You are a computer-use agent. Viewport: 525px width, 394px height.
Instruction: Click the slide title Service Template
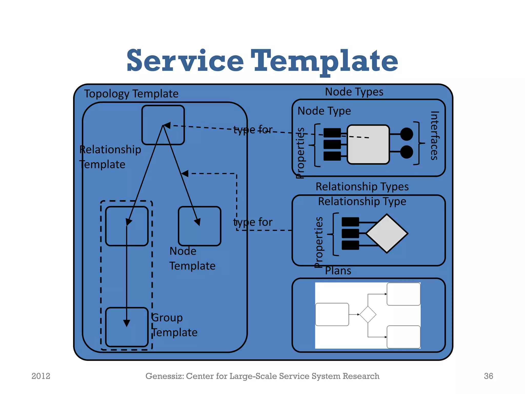point(262,61)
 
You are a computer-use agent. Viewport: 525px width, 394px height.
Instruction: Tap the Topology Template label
point(131,94)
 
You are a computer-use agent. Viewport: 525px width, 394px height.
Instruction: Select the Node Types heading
point(354,92)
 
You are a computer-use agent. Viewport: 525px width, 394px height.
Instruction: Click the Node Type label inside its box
point(324,111)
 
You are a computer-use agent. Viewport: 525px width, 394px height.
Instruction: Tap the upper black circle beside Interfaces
point(406,134)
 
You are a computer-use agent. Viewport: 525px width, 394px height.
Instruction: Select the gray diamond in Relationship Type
point(387,233)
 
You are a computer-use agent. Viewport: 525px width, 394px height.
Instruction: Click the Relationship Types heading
point(362,186)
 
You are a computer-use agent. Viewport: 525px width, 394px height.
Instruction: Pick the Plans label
point(338,271)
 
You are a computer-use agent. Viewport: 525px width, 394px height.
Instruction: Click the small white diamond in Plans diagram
point(368,314)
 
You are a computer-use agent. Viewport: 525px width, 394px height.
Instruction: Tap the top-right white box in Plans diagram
point(403,294)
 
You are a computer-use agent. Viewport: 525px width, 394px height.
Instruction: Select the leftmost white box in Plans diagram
point(332,314)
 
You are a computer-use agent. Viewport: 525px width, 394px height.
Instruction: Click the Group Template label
point(174,325)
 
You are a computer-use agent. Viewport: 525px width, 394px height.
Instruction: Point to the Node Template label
point(192,258)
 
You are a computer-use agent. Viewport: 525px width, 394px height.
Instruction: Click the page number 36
point(488,376)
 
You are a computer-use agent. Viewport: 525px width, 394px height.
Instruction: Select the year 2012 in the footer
point(41,376)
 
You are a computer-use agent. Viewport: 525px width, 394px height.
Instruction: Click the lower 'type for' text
point(253,222)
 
